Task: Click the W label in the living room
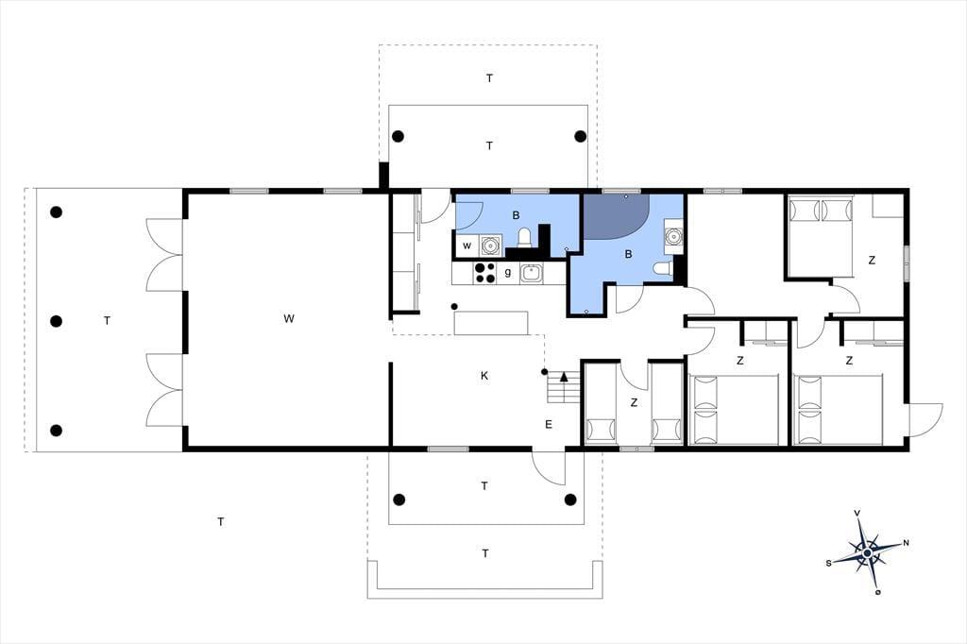pyautogui.click(x=289, y=319)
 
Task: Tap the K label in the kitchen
pyautogui.click(x=484, y=376)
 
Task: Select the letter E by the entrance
pyautogui.click(x=549, y=424)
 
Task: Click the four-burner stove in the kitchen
pyautogui.click(x=484, y=273)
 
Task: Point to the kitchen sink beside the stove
pyautogui.click(x=531, y=273)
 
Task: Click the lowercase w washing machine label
pyautogui.click(x=467, y=246)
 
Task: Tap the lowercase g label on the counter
pyautogui.click(x=508, y=272)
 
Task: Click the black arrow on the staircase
pyautogui.click(x=564, y=377)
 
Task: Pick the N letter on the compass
pyautogui.click(x=906, y=543)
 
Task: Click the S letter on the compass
pyautogui.click(x=829, y=563)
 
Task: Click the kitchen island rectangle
pyautogui.click(x=491, y=323)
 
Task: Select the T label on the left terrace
pyautogui.click(x=108, y=321)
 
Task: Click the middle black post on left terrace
pyautogui.click(x=56, y=321)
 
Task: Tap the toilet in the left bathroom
pyautogui.click(x=524, y=238)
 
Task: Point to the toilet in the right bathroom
pyautogui.click(x=662, y=268)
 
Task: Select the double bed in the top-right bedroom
pyautogui.click(x=821, y=237)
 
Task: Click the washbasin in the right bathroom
pyautogui.click(x=673, y=236)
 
